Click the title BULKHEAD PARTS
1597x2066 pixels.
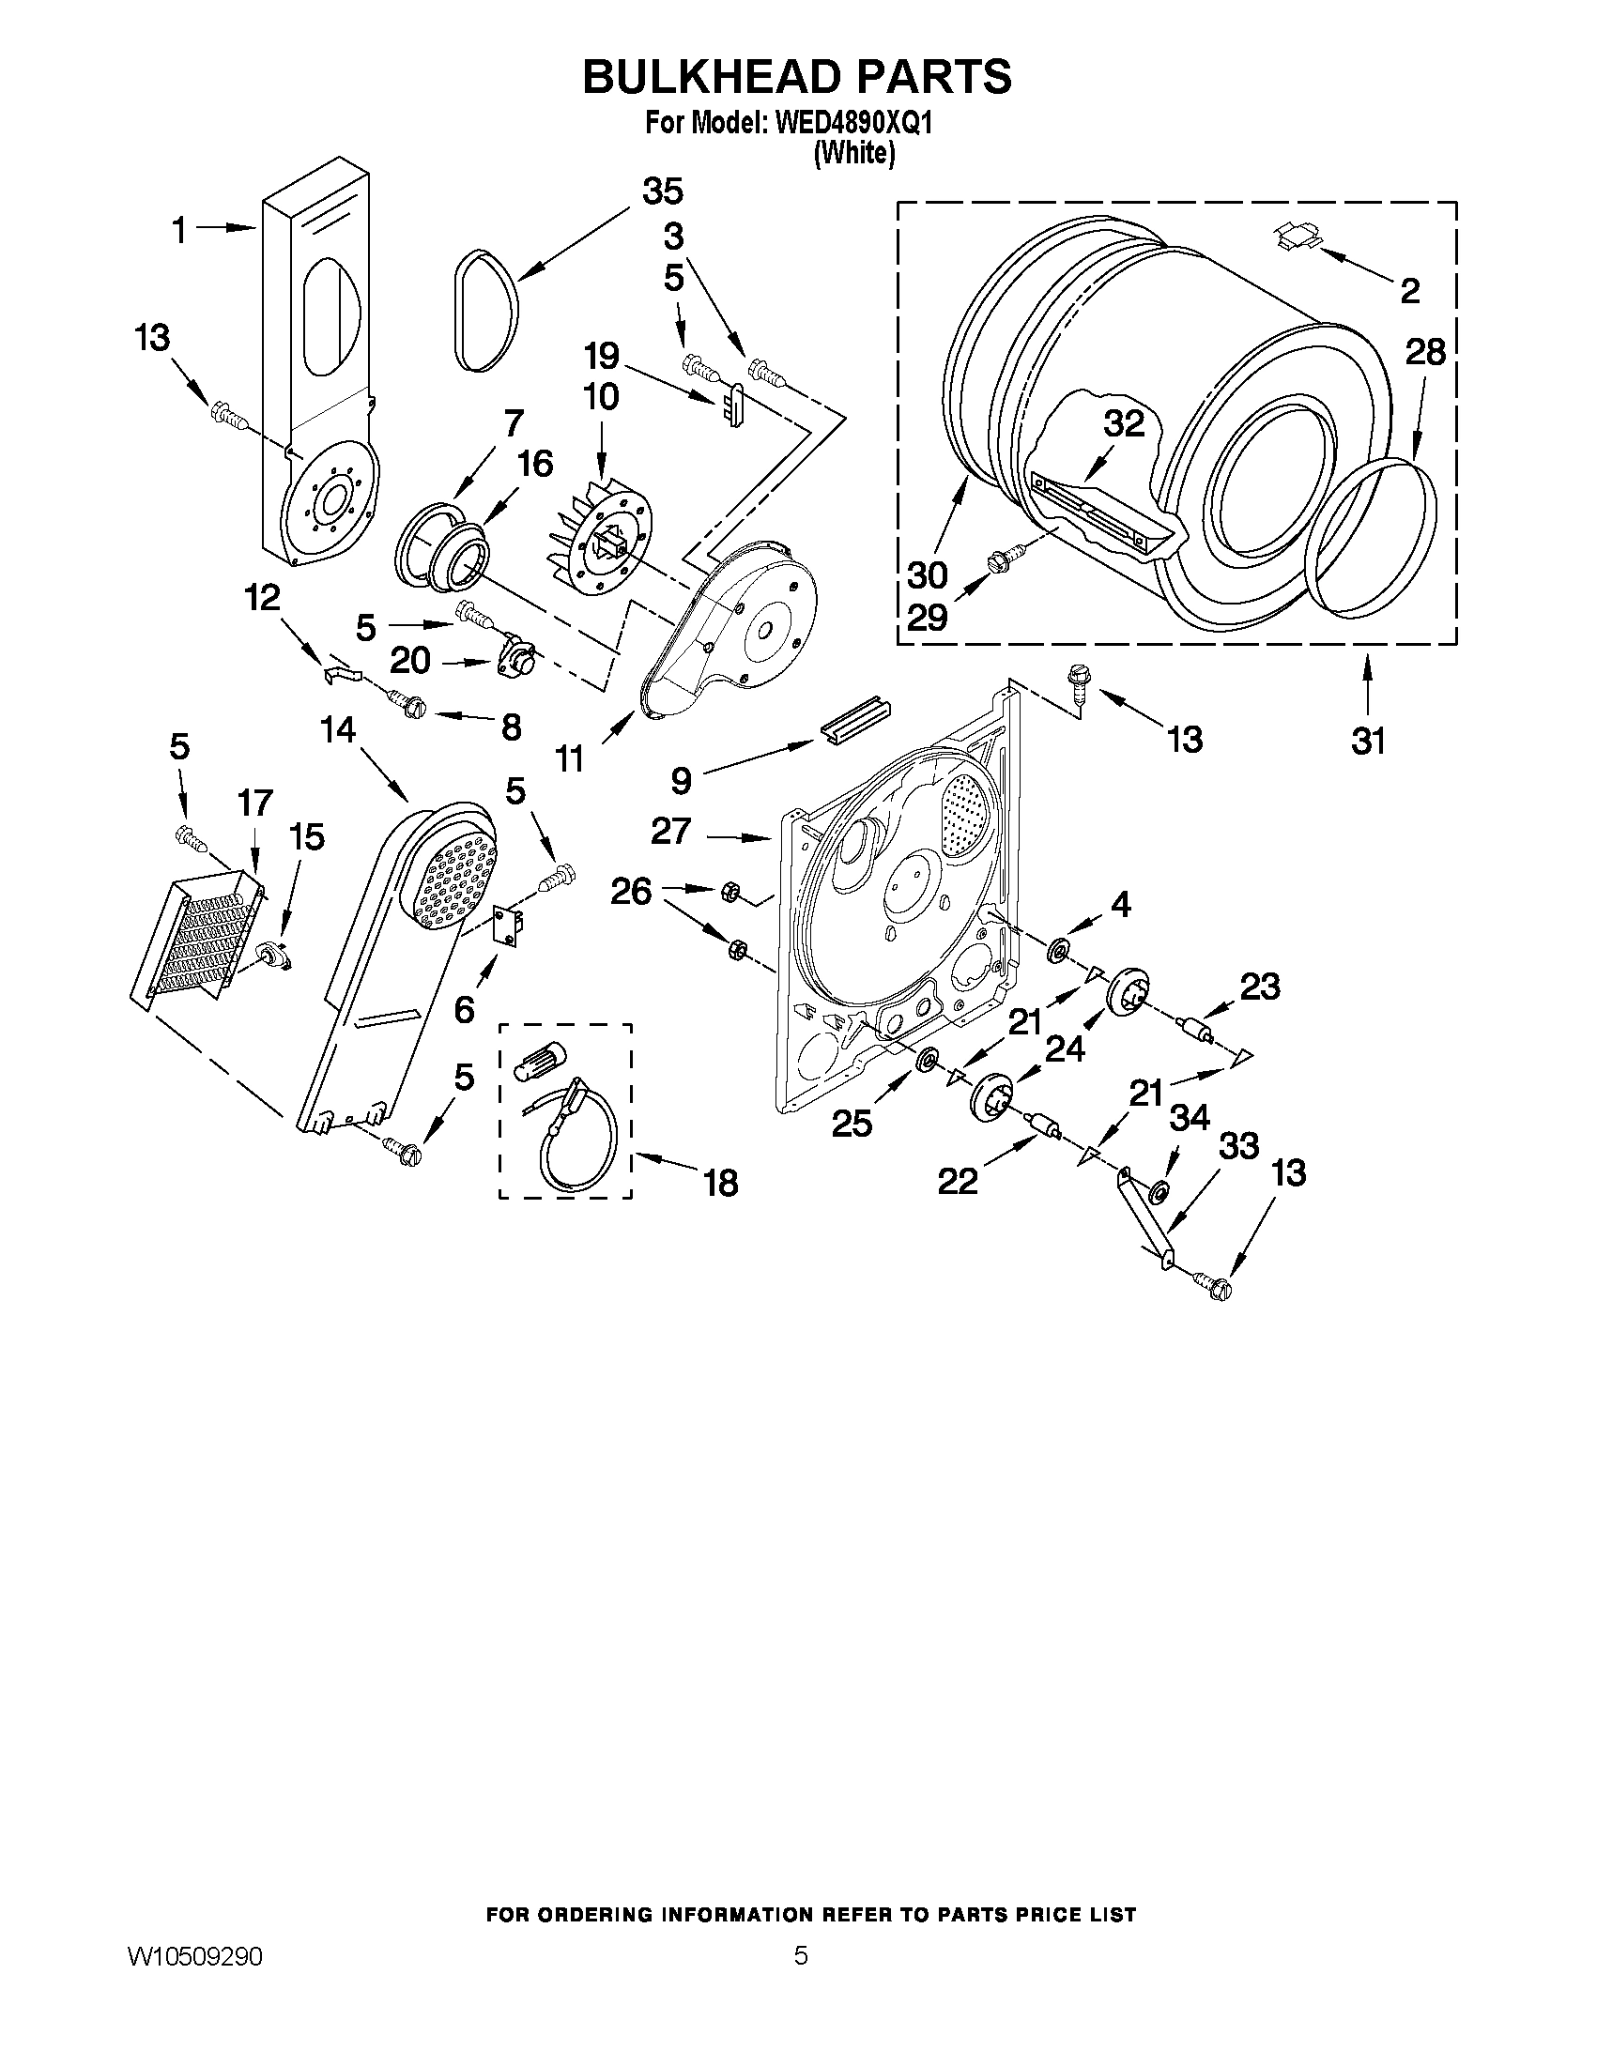coord(796,77)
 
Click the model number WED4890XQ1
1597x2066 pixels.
coord(854,124)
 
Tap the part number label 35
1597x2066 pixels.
coord(662,191)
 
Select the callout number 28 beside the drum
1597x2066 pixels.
coord(1425,353)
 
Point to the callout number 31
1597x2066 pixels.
coord(1368,742)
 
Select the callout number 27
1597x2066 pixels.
coord(670,833)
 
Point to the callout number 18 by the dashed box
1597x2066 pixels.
coord(721,1183)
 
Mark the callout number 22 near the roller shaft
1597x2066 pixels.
coord(957,1181)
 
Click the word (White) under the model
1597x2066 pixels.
coord(854,153)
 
